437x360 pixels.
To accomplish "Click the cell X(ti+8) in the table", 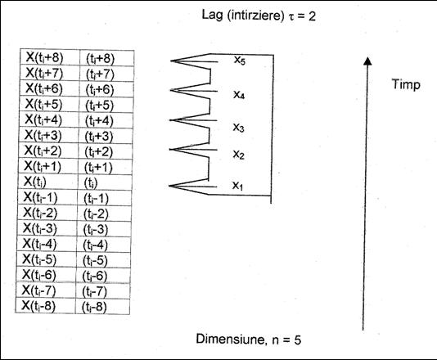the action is [x=50, y=57].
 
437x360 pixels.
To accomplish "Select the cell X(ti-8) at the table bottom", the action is [x=46, y=306].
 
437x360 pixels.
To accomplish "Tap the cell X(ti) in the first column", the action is [x=48, y=182].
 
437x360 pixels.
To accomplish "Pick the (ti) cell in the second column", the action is [x=105, y=182].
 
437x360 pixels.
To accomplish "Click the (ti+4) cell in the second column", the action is [x=106, y=120].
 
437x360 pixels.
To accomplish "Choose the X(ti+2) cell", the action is [x=48, y=151].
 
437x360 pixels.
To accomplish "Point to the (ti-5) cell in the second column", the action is [x=103, y=260].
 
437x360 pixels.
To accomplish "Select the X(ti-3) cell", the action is [x=47, y=228].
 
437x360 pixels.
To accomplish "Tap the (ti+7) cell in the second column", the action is [x=106, y=74].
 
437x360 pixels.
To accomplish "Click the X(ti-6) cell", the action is [x=46, y=275].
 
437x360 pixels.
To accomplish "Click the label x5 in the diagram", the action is [x=240, y=61].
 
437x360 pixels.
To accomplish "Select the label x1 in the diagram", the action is [x=237, y=185].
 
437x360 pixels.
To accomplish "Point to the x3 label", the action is [x=239, y=128].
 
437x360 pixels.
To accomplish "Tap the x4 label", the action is [x=239, y=95].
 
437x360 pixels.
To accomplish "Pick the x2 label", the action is [x=239, y=155].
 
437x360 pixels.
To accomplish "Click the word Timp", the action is [x=406, y=84].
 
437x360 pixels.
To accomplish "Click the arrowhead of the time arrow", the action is [x=368, y=61].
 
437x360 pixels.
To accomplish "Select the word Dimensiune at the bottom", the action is [x=230, y=339].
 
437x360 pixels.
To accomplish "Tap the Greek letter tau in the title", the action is [x=291, y=16].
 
